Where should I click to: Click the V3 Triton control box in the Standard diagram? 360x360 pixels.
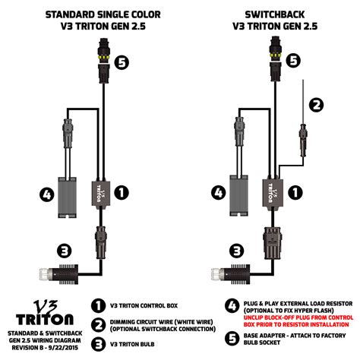coord(101,194)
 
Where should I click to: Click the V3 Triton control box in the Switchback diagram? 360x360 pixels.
coord(272,193)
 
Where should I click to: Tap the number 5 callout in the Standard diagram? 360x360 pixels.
coord(122,62)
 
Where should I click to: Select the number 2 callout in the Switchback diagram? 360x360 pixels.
coord(317,105)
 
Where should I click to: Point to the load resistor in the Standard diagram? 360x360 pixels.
coord(67,197)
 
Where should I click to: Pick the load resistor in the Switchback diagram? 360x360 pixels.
coord(238,195)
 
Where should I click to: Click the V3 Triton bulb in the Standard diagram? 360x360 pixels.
coord(59,274)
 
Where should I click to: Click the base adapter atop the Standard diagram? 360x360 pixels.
coord(103,61)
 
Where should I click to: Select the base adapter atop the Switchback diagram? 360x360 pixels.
coord(275,58)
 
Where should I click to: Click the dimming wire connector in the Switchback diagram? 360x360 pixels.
coord(303,140)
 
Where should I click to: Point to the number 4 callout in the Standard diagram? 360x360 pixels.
coord(47,195)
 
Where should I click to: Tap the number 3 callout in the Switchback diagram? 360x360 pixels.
coord(237,251)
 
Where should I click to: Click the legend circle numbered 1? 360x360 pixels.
coord(98,305)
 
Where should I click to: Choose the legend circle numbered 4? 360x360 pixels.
coord(232,306)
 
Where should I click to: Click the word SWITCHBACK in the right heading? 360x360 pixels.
coord(275,14)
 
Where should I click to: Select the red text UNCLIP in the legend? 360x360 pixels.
coord(254,317)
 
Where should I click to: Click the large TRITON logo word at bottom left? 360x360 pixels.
coord(45,319)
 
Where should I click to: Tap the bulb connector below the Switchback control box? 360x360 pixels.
coord(273,243)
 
